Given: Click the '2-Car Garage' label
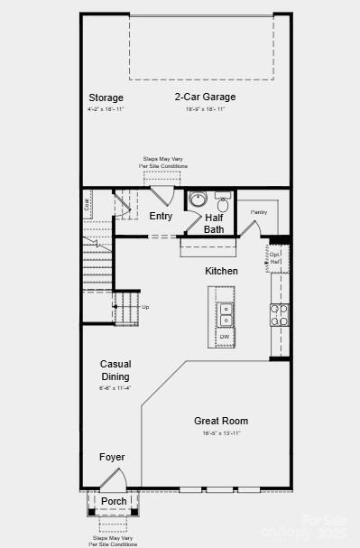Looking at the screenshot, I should click(205, 97).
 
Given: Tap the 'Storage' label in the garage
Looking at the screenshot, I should click(106, 98).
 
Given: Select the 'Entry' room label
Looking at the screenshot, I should click(161, 216).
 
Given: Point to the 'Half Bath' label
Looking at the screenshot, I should click(214, 223).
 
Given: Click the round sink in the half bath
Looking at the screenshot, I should click(198, 200).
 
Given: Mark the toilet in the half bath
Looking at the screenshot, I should click(223, 200).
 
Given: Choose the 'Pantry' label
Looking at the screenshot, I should click(259, 212).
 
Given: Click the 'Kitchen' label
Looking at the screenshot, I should click(221, 271).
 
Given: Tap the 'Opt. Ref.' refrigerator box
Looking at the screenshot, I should click(276, 257).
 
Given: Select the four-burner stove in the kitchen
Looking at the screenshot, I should click(280, 313).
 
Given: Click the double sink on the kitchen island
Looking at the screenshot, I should click(225, 314).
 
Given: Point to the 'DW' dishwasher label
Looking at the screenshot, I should click(225, 338).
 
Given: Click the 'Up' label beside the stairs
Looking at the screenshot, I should click(145, 307).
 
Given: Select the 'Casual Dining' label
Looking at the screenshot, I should click(115, 370).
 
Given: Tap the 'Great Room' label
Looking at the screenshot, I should click(221, 421).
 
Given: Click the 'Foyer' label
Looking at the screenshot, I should click(112, 457).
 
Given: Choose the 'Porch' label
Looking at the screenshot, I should click(114, 501).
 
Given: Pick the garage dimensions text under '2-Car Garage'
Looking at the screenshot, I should click(205, 109).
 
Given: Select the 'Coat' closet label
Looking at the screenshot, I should click(88, 204).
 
